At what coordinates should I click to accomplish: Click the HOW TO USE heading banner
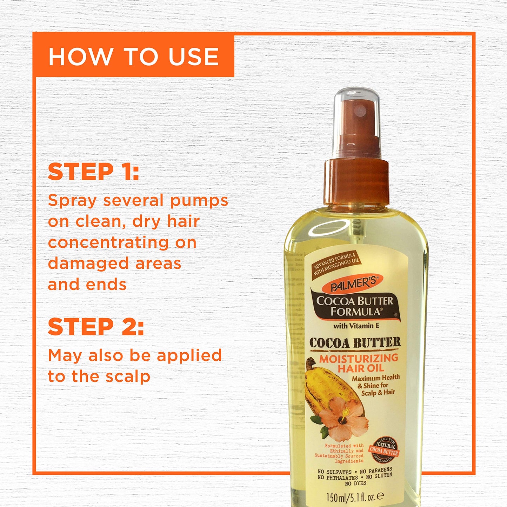pos(134,56)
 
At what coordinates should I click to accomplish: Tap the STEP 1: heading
pos(93,172)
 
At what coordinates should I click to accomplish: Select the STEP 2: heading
pos(96,327)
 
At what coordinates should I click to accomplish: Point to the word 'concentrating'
pos(108,242)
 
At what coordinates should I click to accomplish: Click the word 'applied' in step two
pos(189,356)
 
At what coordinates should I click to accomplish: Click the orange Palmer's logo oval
pos(352,283)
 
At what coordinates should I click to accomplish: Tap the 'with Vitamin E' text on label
pos(356,326)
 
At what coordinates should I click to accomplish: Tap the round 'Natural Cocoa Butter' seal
pos(384,449)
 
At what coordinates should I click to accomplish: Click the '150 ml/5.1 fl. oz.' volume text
pos(355,496)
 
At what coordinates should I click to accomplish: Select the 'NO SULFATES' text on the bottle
pos(334,472)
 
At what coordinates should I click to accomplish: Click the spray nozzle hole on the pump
pos(359,111)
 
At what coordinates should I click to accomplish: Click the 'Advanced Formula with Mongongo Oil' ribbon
pos(336,263)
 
